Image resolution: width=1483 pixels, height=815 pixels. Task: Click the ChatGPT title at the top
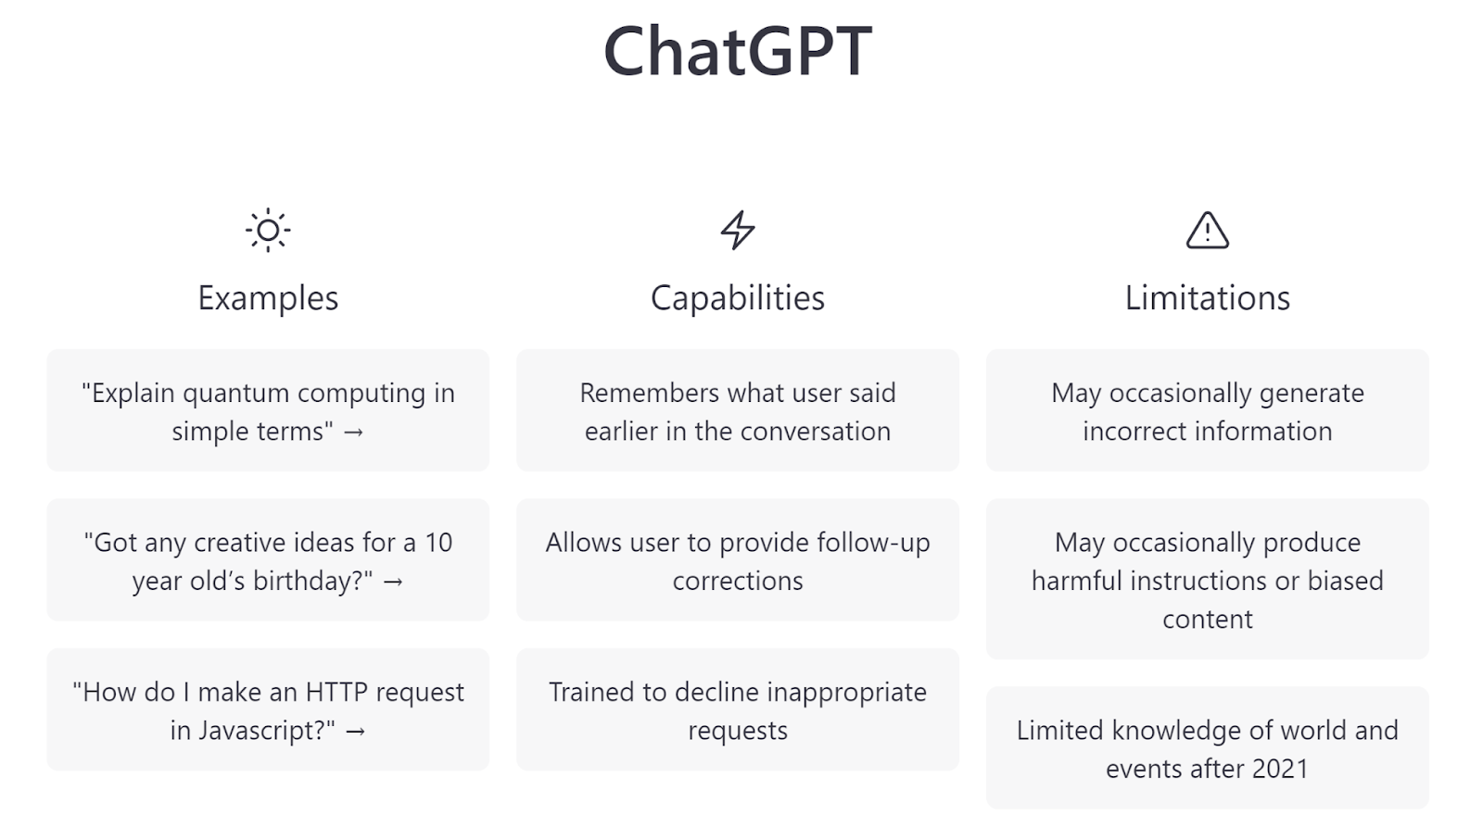(x=738, y=51)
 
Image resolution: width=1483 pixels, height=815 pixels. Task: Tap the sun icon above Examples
(x=268, y=231)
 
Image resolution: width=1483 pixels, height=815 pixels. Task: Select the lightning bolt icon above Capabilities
(x=738, y=231)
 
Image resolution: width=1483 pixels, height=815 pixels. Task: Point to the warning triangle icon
(x=1208, y=231)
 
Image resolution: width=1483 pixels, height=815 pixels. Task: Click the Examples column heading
(x=268, y=297)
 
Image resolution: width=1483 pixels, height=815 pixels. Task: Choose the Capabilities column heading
(x=738, y=297)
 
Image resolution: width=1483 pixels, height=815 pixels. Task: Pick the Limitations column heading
(x=1208, y=297)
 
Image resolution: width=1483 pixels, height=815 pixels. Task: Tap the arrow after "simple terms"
(x=353, y=432)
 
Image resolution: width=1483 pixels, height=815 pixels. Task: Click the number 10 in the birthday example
(x=438, y=543)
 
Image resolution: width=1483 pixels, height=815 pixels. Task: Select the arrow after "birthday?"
(x=393, y=582)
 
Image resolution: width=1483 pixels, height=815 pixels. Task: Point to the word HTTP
(x=336, y=692)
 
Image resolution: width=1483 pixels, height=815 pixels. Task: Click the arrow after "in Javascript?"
(x=356, y=731)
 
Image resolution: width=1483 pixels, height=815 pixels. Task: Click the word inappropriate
(x=847, y=694)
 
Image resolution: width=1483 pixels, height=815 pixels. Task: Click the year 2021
(x=1280, y=769)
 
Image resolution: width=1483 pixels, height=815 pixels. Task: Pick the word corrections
(x=738, y=581)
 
